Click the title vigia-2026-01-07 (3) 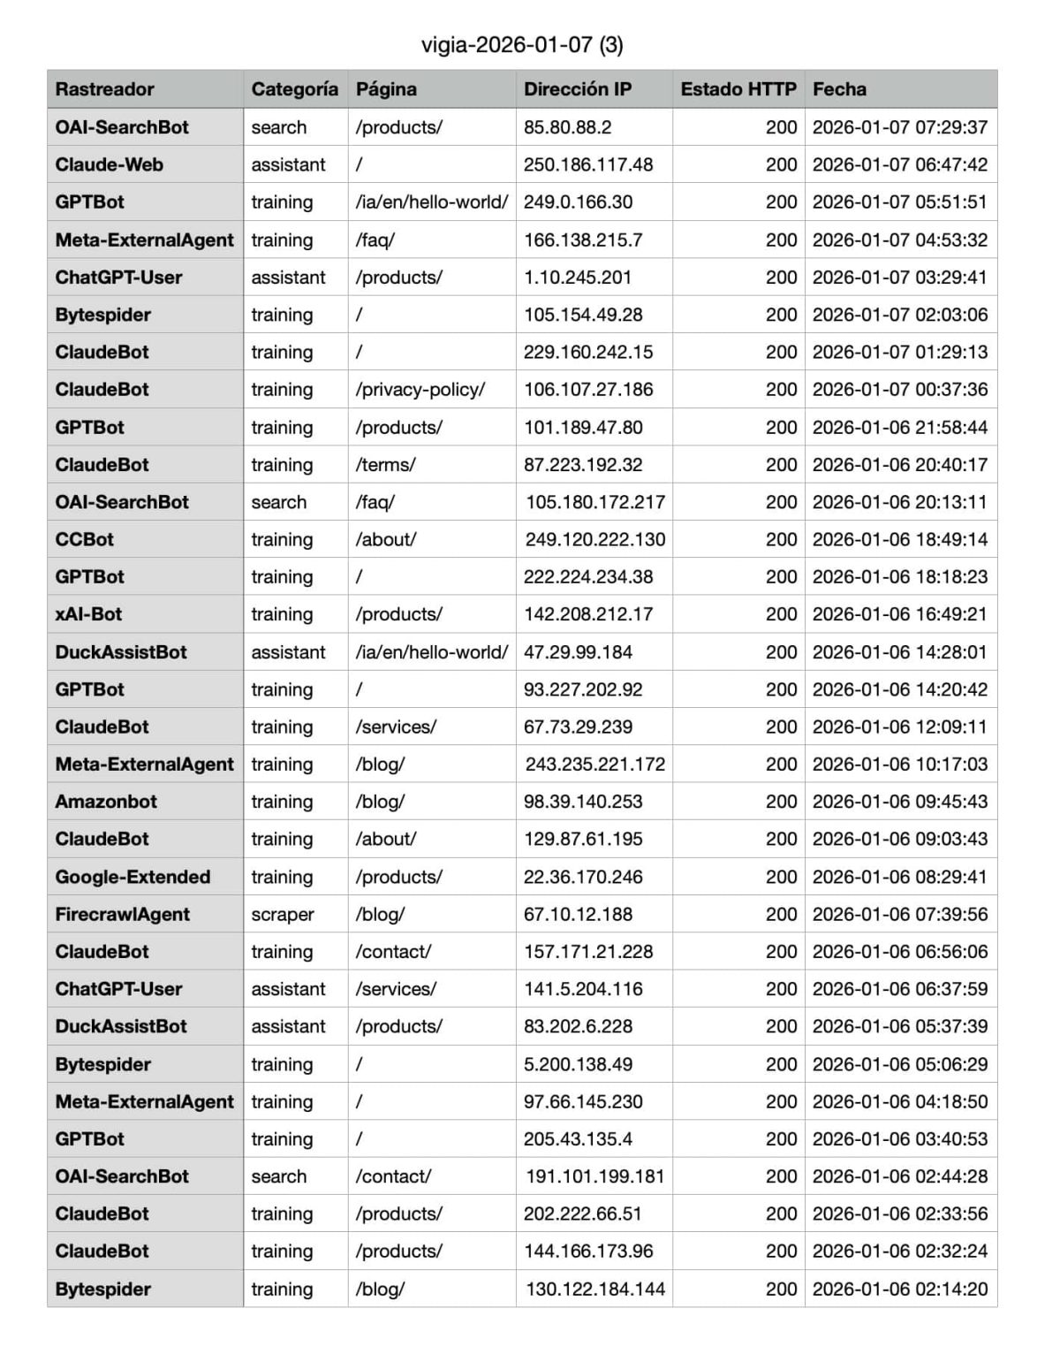coord(522,45)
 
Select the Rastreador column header coord(104,89)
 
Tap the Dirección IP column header coord(577,89)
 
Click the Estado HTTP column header coord(738,89)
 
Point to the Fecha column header coord(839,89)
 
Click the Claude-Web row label coord(109,164)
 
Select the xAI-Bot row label coord(88,614)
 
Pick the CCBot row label coord(84,539)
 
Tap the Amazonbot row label coord(106,802)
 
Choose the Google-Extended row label coord(132,877)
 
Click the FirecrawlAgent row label coord(122,914)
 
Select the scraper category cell coord(283,914)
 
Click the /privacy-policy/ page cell coord(420,389)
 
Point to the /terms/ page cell coord(385,464)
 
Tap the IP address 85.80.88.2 coord(567,127)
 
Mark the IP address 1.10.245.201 coord(578,277)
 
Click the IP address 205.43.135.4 coord(578,1138)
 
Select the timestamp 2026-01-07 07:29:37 coord(899,127)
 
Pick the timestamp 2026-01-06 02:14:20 coord(899,1289)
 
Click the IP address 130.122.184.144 coord(595,1289)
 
